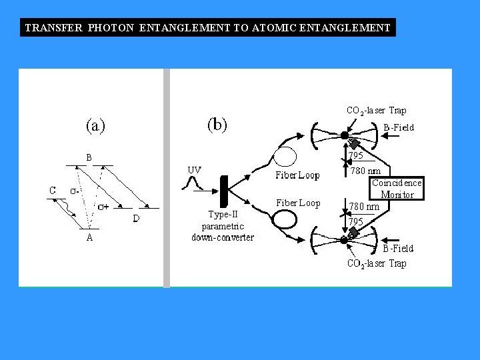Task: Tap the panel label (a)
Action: (x=95, y=125)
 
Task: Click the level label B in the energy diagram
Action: (x=89, y=157)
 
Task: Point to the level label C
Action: (x=53, y=191)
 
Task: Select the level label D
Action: (x=136, y=218)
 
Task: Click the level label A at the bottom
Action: (x=89, y=238)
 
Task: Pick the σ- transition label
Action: (x=76, y=191)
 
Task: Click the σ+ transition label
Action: (x=104, y=207)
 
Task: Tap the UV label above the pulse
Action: (x=194, y=170)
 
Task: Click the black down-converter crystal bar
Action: (x=225, y=191)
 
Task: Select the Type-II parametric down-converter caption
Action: (x=223, y=225)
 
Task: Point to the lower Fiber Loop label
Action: (x=298, y=203)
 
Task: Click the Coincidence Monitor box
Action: (x=397, y=189)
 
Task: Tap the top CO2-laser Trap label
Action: (x=376, y=111)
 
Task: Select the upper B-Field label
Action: (x=399, y=127)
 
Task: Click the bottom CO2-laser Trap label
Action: (x=377, y=263)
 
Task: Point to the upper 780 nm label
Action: (x=366, y=171)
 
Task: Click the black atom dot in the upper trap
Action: (x=344, y=135)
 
